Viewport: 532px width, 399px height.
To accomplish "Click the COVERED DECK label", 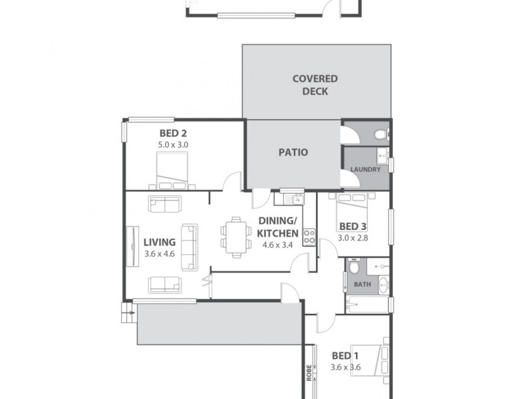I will point(315,84).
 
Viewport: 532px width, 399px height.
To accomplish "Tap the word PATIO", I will point(293,152).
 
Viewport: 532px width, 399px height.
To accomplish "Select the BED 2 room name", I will point(173,133).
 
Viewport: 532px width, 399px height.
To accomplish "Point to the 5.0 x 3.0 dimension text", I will point(173,144).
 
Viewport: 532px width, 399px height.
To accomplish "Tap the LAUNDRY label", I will point(366,170).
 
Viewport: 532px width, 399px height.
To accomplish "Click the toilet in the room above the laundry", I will point(379,134).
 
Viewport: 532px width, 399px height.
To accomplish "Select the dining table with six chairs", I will point(234,236).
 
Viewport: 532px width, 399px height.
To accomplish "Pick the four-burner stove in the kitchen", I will point(309,235).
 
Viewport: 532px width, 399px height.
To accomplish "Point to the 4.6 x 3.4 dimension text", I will point(277,244).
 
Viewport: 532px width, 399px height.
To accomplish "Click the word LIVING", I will point(160,242).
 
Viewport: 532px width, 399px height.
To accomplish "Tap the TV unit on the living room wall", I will point(132,246).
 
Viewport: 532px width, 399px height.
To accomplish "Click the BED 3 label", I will point(352,225).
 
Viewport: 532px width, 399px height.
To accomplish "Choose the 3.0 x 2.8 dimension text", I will point(352,237).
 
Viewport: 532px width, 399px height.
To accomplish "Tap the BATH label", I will point(362,285).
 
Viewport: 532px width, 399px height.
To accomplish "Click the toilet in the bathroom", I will point(355,267).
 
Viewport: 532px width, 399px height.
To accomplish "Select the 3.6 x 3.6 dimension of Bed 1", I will point(346,366).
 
